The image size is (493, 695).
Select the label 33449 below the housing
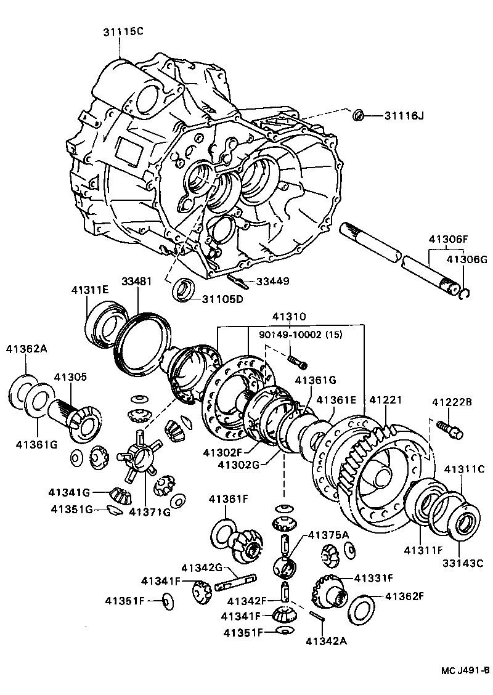[x=272, y=281]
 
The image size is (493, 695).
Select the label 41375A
[x=328, y=534]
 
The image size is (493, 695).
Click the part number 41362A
[x=26, y=348]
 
